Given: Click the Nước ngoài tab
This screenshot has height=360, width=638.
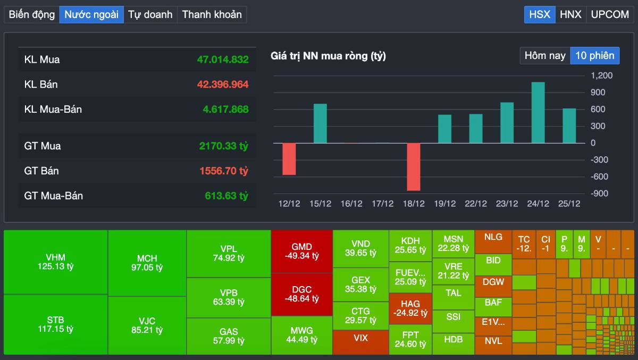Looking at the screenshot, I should point(91,14).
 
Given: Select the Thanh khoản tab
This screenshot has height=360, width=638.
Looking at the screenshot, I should point(212,14).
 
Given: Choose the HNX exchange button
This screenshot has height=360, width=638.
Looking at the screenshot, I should point(570,14).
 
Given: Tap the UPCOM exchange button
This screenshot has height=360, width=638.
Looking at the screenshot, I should point(610,14).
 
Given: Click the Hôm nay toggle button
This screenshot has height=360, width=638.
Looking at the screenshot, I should point(545,55).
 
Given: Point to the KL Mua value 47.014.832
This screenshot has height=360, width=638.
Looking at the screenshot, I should point(223,60).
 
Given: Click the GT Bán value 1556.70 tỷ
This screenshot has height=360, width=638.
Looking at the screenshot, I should point(224,171).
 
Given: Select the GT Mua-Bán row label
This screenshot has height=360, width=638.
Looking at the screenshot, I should point(53,196).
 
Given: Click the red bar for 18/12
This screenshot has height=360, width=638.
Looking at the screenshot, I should point(413,166).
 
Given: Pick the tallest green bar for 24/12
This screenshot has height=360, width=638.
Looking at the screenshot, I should point(538,113).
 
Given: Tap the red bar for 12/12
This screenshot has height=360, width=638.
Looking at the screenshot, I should point(289,158).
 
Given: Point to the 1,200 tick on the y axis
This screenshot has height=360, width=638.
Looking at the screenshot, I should point(601,76).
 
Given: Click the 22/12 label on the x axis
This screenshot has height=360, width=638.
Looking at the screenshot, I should point(475,204).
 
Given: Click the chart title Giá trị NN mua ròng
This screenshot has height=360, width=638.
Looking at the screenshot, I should point(328,56).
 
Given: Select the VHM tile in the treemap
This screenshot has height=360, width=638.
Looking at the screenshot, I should point(55,262).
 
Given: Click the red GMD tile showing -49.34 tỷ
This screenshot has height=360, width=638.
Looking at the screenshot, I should point(301,252).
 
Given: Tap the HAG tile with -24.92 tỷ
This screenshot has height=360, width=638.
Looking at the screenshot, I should point(410,308).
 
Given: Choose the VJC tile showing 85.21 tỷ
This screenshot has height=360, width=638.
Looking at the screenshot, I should point(147,325).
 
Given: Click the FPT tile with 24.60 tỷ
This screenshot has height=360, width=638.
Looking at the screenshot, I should point(410,339).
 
